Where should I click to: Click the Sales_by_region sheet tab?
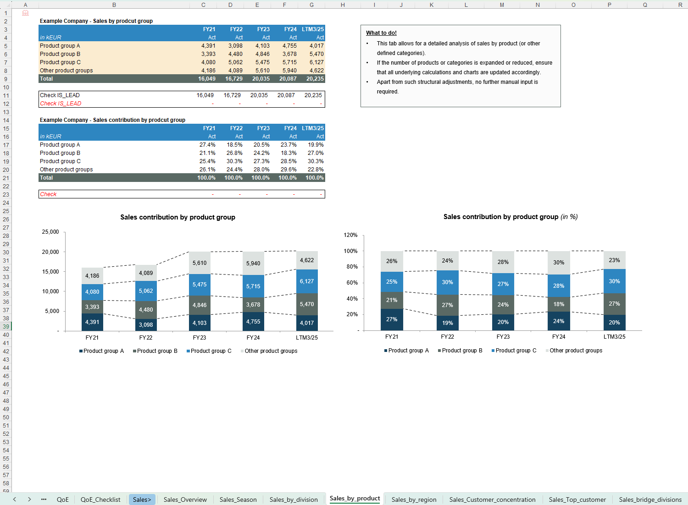(x=414, y=500)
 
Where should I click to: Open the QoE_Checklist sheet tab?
(x=100, y=500)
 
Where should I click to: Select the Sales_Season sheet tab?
(x=238, y=500)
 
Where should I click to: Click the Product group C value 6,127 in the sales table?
(x=316, y=62)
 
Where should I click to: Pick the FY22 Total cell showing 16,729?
(x=233, y=79)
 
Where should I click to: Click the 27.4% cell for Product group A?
(x=207, y=145)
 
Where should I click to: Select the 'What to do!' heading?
(x=381, y=33)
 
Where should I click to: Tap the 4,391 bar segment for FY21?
(x=92, y=322)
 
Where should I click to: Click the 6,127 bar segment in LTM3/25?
(x=307, y=281)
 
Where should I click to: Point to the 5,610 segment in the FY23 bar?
(x=200, y=263)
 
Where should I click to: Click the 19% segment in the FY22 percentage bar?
(x=447, y=323)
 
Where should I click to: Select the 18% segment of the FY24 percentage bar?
(x=559, y=304)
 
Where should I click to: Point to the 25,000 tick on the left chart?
(x=50, y=232)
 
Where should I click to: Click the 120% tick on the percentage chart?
(x=350, y=235)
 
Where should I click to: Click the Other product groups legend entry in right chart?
(x=576, y=351)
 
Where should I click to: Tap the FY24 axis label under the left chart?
(x=253, y=338)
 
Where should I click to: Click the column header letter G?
(x=311, y=5)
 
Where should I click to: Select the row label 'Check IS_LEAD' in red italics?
(x=61, y=104)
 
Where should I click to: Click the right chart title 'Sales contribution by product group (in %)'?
(x=510, y=217)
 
